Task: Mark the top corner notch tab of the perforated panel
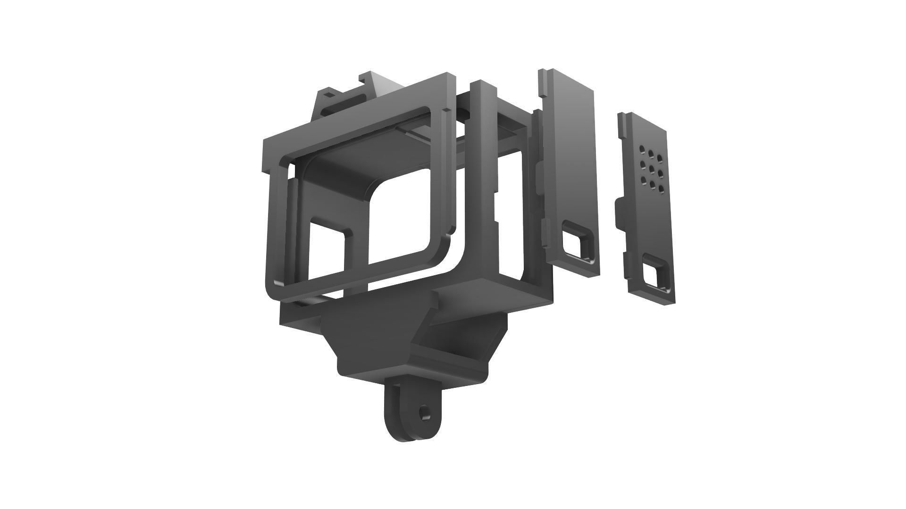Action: click(622, 118)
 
